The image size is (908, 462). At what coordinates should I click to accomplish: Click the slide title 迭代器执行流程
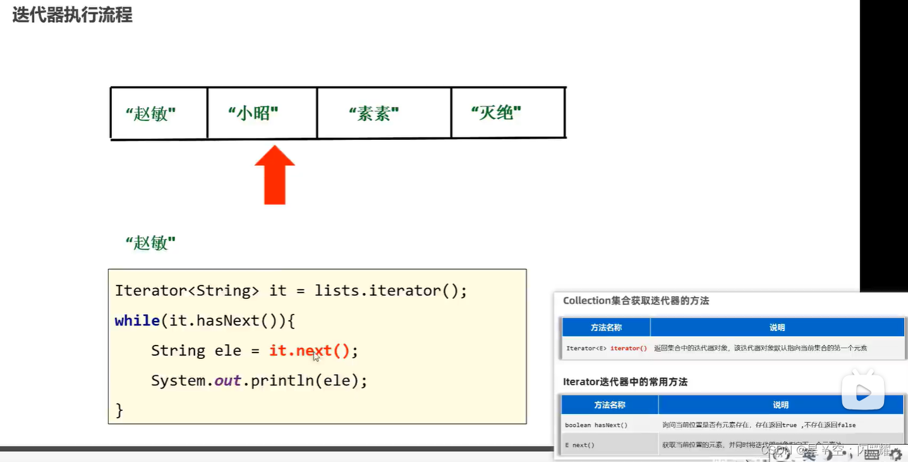click(72, 15)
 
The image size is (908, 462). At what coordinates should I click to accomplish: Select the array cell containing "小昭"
click(262, 114)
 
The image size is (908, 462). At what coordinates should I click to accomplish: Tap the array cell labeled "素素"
click(384, 114)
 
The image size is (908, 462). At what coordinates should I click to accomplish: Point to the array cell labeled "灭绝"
click(507, 114)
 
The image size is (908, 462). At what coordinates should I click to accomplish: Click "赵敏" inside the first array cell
click(150, 115)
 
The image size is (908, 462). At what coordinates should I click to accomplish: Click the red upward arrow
click(275, 175)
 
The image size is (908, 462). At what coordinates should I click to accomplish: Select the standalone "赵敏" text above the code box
click(150, 243)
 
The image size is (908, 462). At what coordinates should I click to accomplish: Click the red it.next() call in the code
click(309, 351)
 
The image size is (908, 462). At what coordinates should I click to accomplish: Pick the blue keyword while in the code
click(137, 321)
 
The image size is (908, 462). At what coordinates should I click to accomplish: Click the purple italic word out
click(227, 381)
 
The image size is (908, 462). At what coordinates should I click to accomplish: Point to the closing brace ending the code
click(119, 410)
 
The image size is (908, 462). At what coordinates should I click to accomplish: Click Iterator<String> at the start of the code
click(187, 291)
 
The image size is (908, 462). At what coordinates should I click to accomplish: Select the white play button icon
click(863, 393)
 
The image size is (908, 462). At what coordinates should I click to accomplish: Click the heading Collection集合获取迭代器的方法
click(636, 301)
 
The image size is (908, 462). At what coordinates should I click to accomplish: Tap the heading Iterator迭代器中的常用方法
click(625, 382)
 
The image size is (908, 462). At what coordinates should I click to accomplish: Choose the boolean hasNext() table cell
click(596, 425)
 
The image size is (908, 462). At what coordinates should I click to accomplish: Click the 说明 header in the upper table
click(777, 327)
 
